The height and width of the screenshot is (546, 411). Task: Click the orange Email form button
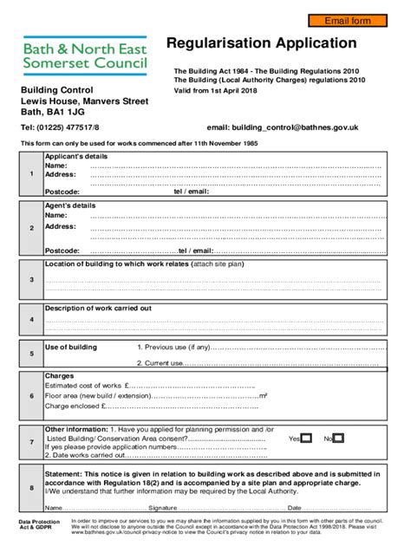pos(346,20)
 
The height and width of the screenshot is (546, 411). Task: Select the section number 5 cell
pos(31,354)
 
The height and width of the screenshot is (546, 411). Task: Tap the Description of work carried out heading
pos(98,309)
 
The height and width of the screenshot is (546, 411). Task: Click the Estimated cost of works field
pos(191,386)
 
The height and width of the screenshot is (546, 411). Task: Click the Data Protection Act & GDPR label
pos(36,526)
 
